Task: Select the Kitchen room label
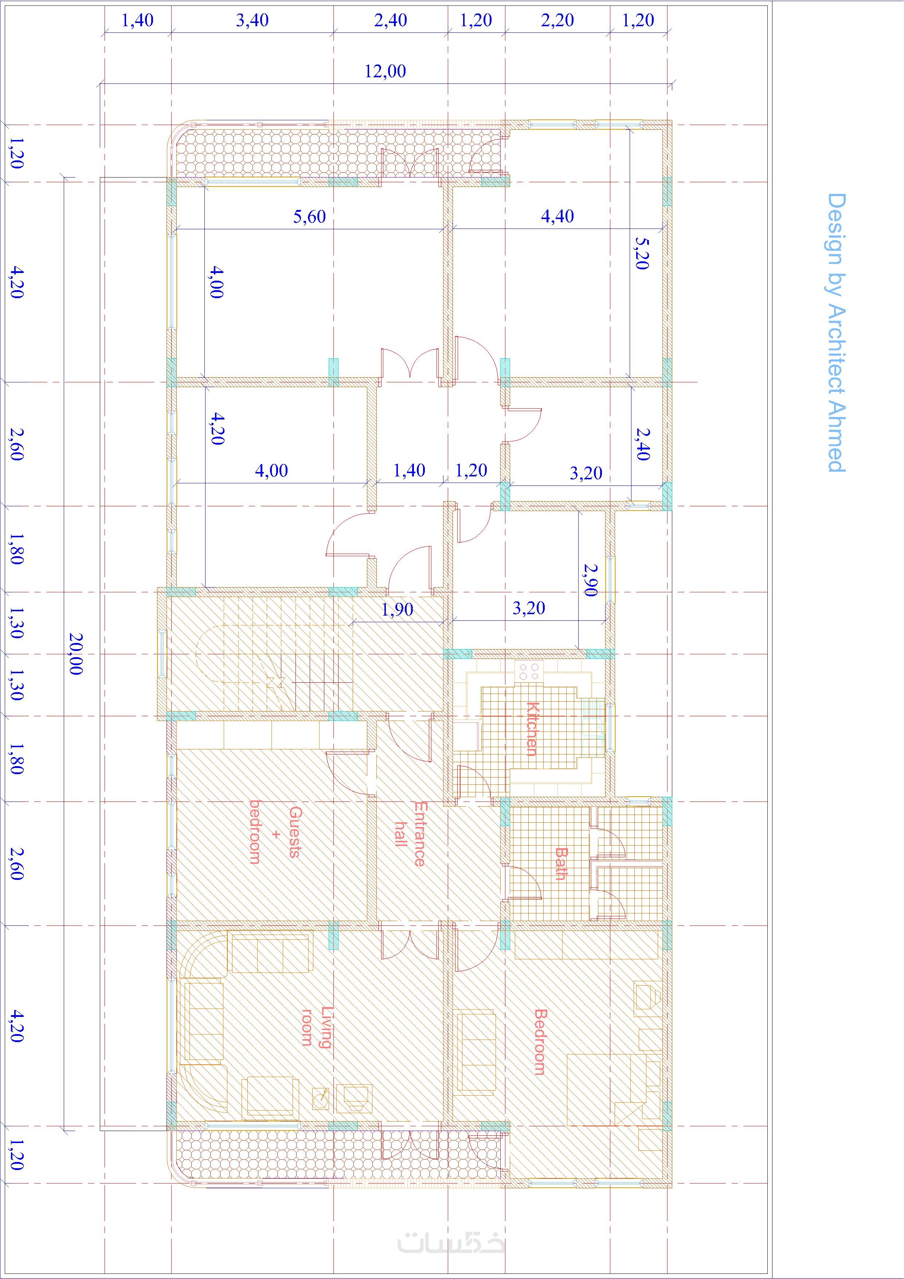click(x=532, y=729)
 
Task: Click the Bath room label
click(x=561, y=864)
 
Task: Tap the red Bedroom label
click(x=540, y=1042)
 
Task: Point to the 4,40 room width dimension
click(x=557, y=216)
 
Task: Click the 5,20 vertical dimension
click(x=642, y=253)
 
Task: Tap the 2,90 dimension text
click(x=590, y=579)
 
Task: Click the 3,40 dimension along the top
click(x=252, y=21)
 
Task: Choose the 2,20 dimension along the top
click(x=557, y=21)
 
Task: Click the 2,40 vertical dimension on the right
click(x=643, y=444)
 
